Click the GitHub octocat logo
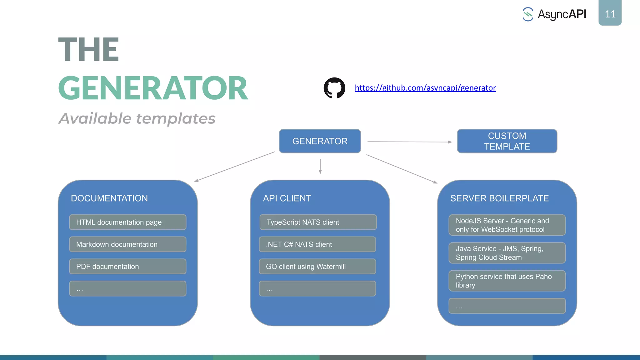pos(334,88)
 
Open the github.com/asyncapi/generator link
pos(425,88)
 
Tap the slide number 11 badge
pos(610,13)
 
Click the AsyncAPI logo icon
pos(528,14)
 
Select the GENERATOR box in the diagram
pos(320,141)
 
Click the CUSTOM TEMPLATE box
pos(507,141)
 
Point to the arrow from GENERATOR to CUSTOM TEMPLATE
pos(409,142)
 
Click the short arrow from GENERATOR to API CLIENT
pos(320,166)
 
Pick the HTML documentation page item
pos(127,222)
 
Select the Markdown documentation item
pos(127,244)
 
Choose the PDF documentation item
pos(127,267)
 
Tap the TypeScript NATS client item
pos(318,222)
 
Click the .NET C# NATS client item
pos(317,244)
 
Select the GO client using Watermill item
pos(317,267)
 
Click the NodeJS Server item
pos(507,225)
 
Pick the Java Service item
pos(507,253)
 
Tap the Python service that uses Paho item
pos(507,281)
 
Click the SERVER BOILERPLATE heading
pos(499,198)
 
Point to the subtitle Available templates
pos(137,119)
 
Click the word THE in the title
pos(89,49)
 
